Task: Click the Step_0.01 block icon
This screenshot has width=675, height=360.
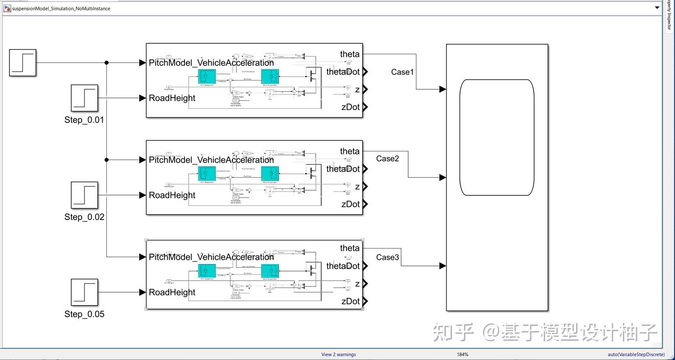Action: coord(84,98)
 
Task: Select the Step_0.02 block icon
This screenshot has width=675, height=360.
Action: coord(84,195)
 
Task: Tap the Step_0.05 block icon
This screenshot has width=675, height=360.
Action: coord(84,292)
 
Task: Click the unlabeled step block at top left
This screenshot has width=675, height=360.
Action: coord(23,63)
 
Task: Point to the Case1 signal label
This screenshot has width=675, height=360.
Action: coord(402,72)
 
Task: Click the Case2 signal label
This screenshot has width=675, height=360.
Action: coord(388,158)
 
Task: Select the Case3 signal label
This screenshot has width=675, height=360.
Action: coord(388,257)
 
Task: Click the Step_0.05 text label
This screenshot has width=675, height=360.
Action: coord(84,314)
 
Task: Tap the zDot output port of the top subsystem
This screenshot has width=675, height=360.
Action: coord(365,107)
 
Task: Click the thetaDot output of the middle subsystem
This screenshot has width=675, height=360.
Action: coord(365,169)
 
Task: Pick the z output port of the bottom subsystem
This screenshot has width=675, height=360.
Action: coord(365,284)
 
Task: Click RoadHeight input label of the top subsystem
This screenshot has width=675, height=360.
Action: coord(172,98)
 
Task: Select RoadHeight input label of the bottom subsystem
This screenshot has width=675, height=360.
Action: coord(172,292)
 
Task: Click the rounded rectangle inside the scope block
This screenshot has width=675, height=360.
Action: coord(497,137)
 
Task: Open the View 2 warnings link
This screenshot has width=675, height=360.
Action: coord(339,354)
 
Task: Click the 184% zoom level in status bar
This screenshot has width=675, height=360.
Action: coord(462,354)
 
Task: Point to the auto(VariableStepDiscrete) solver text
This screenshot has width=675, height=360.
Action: coord(636,354)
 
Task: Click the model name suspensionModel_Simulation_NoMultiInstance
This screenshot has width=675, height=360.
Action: coord(61,8)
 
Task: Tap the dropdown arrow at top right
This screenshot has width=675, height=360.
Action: coord(657,8)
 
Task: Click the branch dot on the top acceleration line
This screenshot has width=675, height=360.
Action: coord(106,63)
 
